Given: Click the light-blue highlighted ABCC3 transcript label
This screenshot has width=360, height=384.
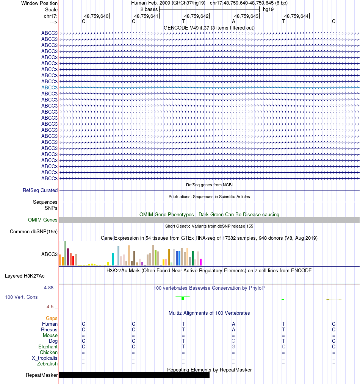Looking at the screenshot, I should tap(50, 87).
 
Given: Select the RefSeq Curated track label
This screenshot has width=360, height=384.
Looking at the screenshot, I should tap(40, 190).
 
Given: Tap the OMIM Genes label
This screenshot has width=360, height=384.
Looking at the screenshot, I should tap(43, 220).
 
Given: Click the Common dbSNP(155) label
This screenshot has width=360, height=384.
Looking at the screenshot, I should tap(34, 232).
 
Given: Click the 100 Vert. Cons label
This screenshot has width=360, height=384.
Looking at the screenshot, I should tap(21, 297).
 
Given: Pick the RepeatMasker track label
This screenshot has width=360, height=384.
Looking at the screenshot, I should tap(42, 375).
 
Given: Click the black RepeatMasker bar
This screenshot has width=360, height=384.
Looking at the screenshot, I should tap(134, 375).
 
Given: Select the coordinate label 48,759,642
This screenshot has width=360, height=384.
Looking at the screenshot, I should tap(196, 16).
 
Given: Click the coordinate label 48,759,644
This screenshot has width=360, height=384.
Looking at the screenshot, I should tap(296, 16).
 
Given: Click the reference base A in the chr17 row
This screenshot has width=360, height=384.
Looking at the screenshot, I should tap(233, 22).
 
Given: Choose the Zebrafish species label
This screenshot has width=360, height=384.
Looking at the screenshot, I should tap(47, 364).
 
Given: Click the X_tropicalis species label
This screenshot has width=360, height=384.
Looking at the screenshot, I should tap(45, 358).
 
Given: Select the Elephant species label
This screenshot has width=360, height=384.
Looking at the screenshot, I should tap(48, 347).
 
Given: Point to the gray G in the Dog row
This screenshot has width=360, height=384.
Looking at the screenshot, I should tap(233, 341).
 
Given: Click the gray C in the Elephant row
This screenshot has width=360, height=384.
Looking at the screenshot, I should tap(283, 347).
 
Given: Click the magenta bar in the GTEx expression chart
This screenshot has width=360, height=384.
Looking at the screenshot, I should tap(201, 262).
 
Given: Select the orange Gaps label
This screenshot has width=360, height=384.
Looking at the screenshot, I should tap(52, 318).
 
